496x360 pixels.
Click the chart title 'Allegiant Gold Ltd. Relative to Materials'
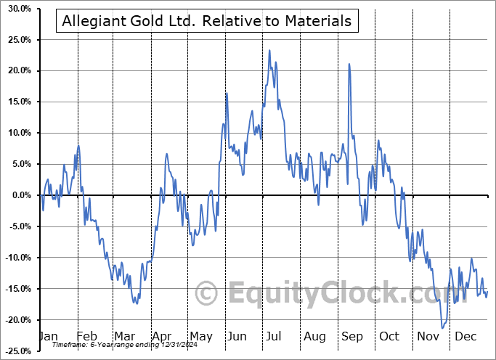click(x=206, y=21)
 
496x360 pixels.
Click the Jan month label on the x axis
click(x=48, y=336)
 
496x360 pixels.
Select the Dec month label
click(x=465, y=336)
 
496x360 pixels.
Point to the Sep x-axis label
click(x=352, y=336)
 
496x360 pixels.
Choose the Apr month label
click(x=161, y=336)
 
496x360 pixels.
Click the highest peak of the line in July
click(x=269, y=50)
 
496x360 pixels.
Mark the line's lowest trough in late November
click(x=442, y=328)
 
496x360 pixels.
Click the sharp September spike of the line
click(x=349, y=64)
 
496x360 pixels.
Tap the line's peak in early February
click(x=78, y=147)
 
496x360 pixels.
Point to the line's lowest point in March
click(x=136, y=303)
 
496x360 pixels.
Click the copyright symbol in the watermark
click(x=207, y=293)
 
